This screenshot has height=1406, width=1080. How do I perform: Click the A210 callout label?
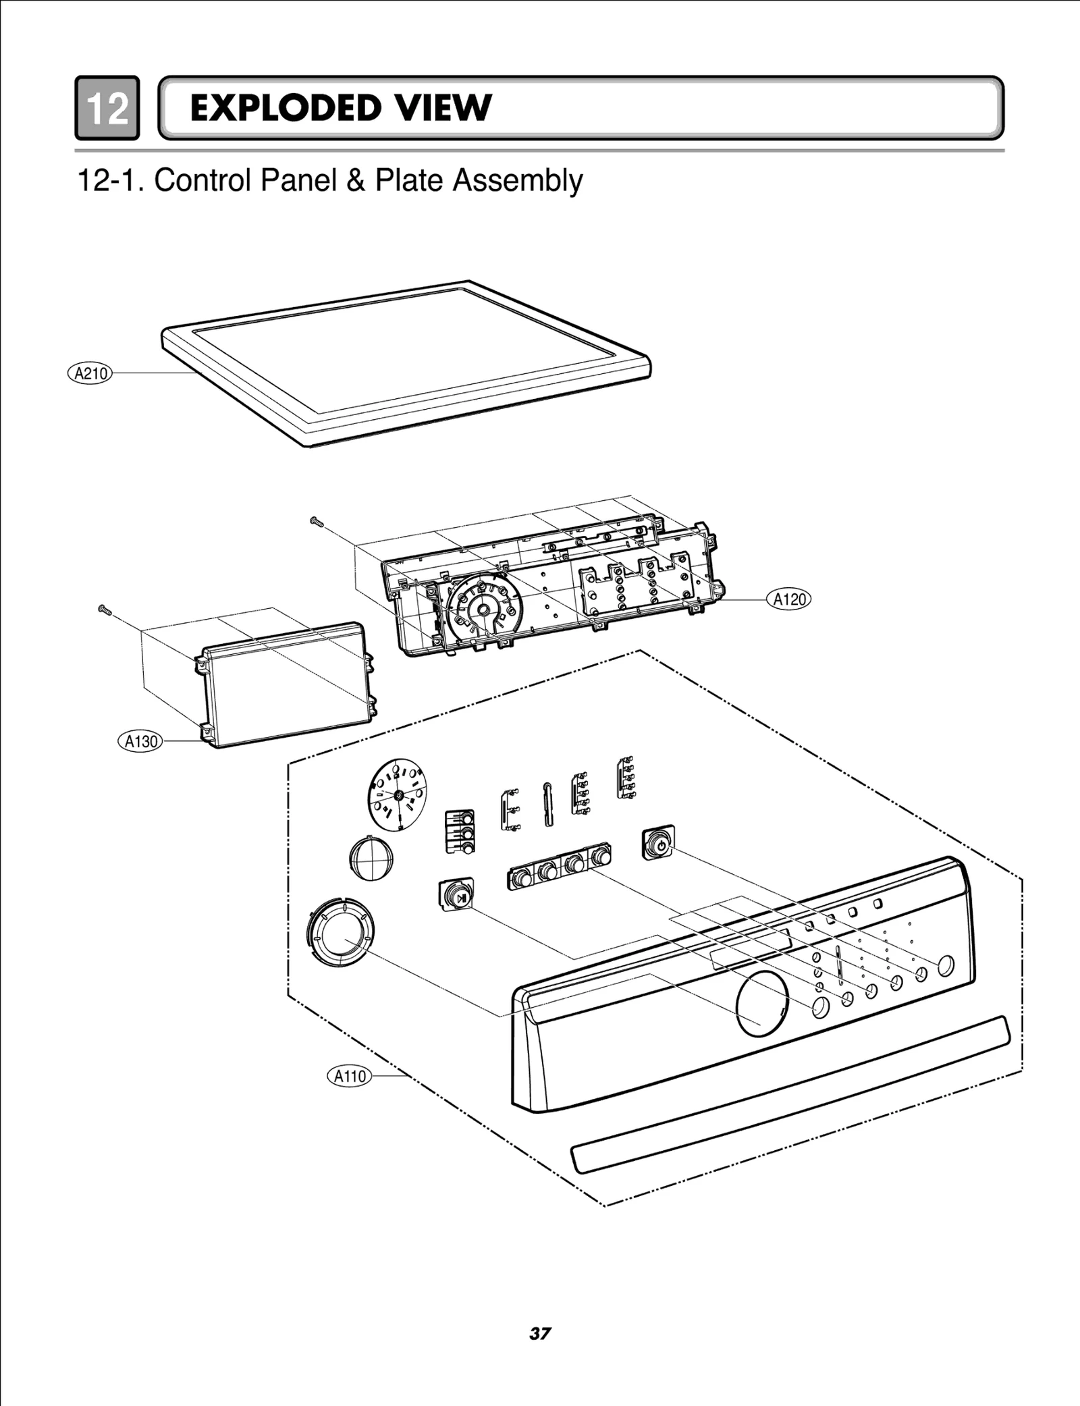pos(90,373)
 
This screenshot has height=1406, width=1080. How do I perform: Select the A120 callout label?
pos(789,599)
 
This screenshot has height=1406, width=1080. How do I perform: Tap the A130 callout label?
pos(141,741)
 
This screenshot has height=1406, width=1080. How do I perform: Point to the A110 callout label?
pos(350,1076)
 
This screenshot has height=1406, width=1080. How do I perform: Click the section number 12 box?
pos(107,108)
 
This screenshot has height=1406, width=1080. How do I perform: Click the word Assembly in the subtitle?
pos(517,181)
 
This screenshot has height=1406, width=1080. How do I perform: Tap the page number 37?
pos(540,1333)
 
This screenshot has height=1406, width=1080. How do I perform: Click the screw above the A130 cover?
pos(105,610)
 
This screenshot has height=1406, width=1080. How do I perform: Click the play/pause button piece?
pos(456,894)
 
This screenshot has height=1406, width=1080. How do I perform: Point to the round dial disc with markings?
pos(398,794)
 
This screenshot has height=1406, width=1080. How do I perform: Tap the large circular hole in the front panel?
pos(762,1004)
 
